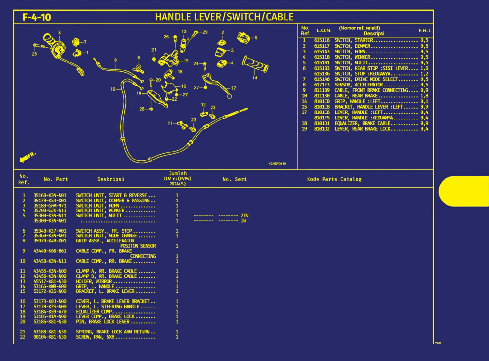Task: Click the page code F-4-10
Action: [x=36, y=17]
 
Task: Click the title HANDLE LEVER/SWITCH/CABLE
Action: [x=224, y=17]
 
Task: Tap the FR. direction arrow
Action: [x=27, y=157]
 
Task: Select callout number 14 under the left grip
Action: [x=255, y=78]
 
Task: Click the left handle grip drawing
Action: [x=255, y=64]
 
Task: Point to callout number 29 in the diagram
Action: [x=205, y=32]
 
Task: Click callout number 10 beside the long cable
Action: [x=113, y=89]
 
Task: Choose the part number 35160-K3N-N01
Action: [x=50, y=195]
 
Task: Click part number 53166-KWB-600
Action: [x=50, y=286]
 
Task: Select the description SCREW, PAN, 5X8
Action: [x=95, y=337]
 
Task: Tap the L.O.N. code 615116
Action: [x=322, y=40]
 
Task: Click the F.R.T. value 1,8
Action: [x=424, y=96]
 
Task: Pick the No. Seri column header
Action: [x=235, y=179]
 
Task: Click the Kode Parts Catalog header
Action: [x=334, y=179]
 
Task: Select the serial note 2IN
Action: [x=244, y=216]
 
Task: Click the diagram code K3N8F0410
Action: [x=277, y=164]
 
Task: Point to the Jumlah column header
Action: [x=178, y=174]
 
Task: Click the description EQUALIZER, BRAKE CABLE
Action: [x=362, y=123]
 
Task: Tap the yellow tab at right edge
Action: [x=464, y=191]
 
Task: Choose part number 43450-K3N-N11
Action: [x=50, y=261]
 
